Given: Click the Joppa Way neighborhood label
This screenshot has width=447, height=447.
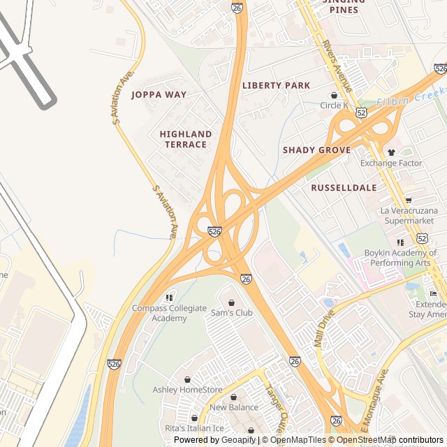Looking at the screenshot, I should pyautogui.click(x=159, y=94).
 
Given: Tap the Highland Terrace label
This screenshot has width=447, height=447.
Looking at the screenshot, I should pyautogui.click(x=186, y=139).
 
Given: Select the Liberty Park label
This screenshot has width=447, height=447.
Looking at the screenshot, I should pyautogui.click(x=276, y=85).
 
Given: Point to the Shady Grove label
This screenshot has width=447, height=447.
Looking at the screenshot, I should pyautogui.click(x=316, y=150).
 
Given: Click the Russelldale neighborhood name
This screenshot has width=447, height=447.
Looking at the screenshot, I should pyautogui.click(x=344, y=188).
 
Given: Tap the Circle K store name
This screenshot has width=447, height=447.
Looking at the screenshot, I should pyautogui.click(x=334, y=105).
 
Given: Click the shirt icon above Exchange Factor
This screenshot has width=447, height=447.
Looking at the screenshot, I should pyautogui.click(x=391, y=152).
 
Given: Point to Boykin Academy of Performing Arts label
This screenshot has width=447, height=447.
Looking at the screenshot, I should pyautogui.click(x=400, y=258).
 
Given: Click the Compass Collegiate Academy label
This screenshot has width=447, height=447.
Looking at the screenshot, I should pyautogui.click(x=170, y=313).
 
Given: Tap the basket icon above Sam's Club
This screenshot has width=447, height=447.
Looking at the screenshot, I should pyautogui.click(x=232, y=302).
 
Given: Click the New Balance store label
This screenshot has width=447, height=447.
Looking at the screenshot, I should pyautogui.click(x=233, y=407).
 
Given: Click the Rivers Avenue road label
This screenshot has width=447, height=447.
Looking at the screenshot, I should pyautogui.click(x=337, y=63).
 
